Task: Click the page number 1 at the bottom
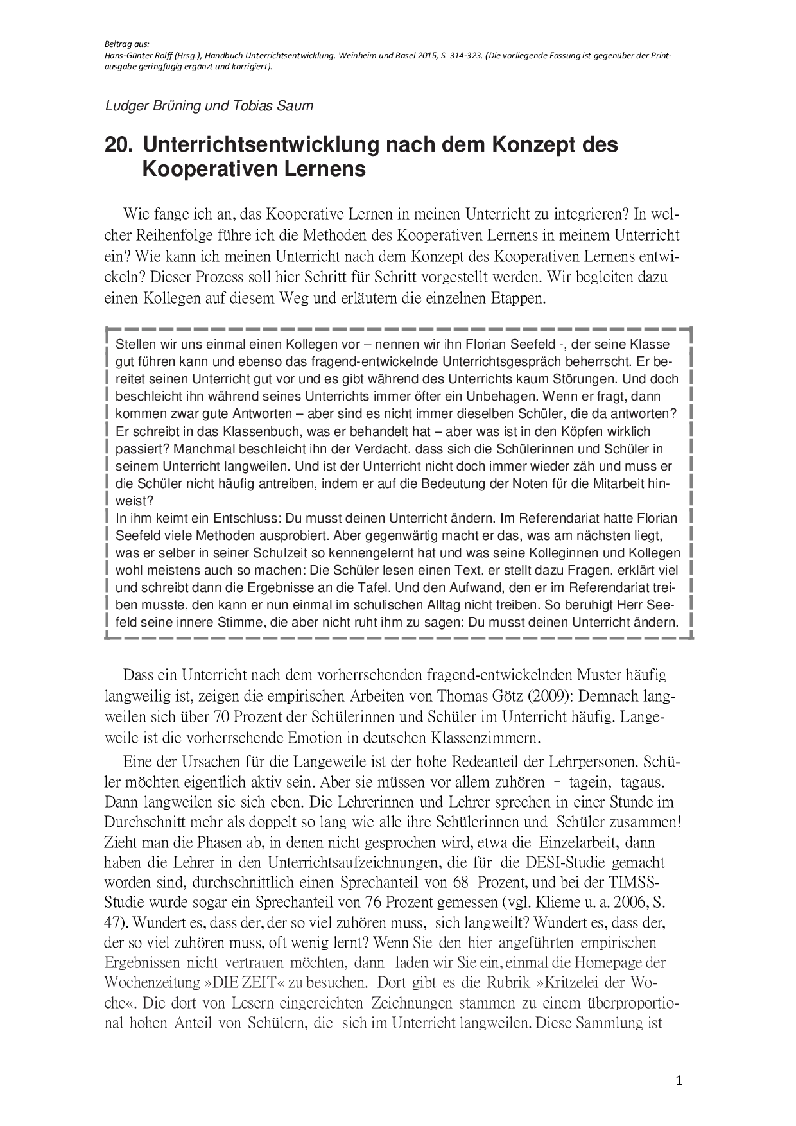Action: [679, 1081]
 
